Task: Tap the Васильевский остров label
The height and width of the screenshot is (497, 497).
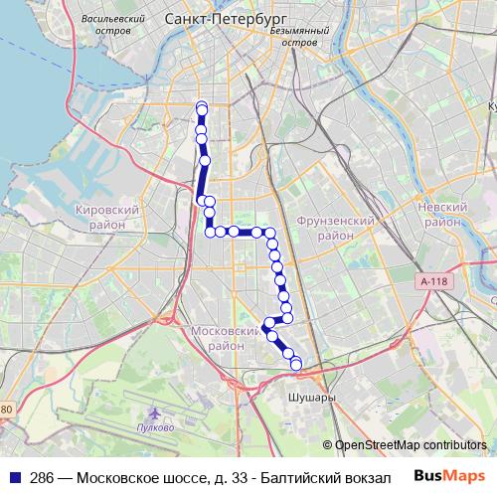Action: (x=115, y=25)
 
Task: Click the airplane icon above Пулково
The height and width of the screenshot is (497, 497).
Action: (x=154, y=412)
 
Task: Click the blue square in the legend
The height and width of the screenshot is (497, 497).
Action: (x=16, y=477)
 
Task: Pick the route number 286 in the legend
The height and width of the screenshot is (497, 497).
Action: (x=42, y=477)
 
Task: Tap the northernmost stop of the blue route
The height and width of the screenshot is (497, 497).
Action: (x=202, y=107)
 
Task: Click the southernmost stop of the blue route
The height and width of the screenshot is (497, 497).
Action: (x=295, y=364)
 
